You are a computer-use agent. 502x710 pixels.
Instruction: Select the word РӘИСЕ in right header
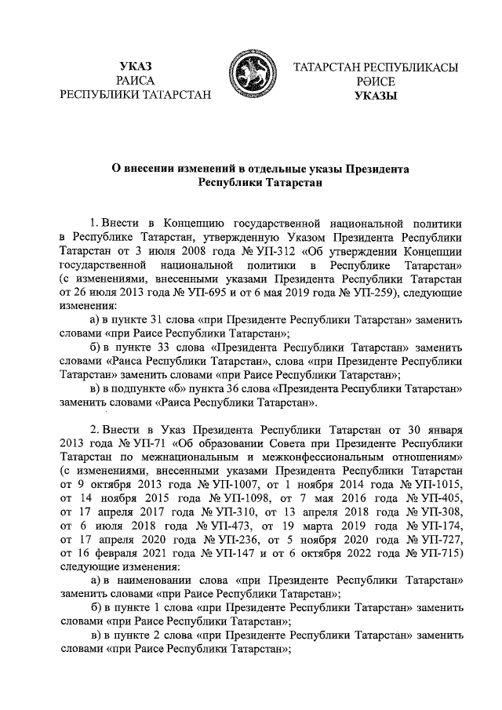pos(375,81)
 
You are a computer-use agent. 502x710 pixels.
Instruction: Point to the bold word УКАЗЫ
pos(375,96)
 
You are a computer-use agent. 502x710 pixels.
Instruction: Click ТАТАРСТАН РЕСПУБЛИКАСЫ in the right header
pos(375,67)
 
